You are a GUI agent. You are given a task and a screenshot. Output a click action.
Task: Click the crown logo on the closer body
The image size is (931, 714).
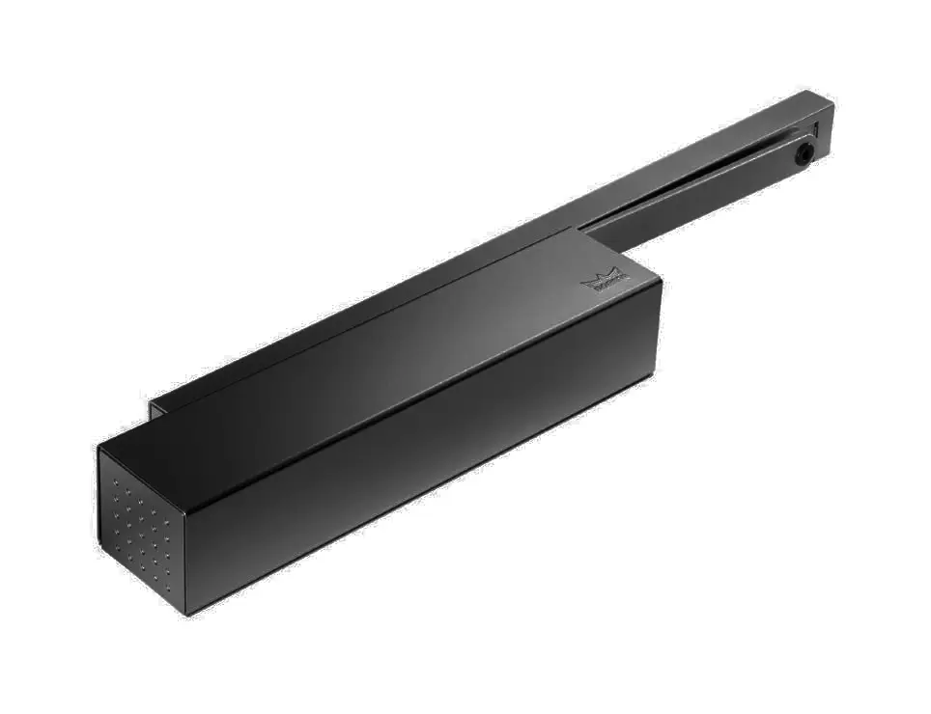pyautogui.click(x=605, y=282)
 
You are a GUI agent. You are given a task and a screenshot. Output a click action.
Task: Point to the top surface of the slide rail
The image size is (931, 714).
pyautogui.click(x=734, y=145)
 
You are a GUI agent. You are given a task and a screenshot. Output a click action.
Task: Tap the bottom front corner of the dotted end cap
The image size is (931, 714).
pyautogui.click(x=186, y=612)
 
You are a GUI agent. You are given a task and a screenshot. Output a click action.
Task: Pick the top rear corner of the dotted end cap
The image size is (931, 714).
pyautogui.click(x=99, y=448)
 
